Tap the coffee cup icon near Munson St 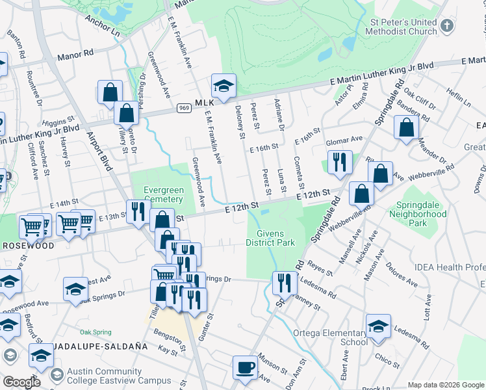[x=245, y=367]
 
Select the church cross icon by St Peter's [x=446, y=26]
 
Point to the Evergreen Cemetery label [x=163, y=195]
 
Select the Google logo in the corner [x=21, y=382]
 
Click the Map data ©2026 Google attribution [x=446, y=384]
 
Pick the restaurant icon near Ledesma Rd [x=284, y=283]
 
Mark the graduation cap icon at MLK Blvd [x=223, y=86]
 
